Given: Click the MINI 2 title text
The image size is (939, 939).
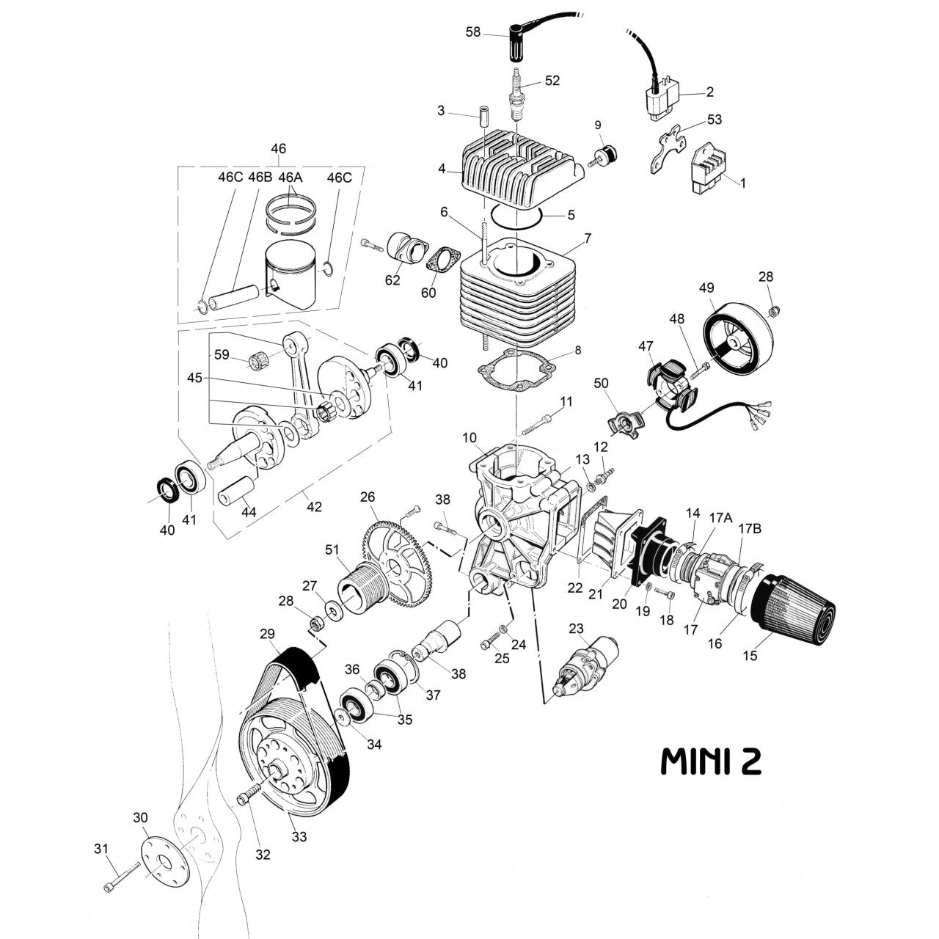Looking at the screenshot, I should click(711, 761).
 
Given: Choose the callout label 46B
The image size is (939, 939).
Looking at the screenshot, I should click(260, 178).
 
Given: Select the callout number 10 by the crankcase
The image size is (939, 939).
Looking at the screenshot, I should click(469, 438).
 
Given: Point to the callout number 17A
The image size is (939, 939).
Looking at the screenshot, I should click(720, 517).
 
